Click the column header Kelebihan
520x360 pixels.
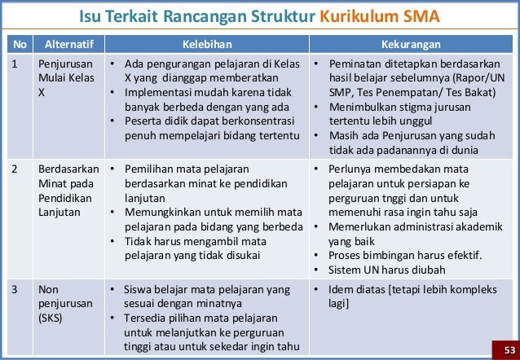coord(207,45)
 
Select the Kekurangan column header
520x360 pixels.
coord(411,45)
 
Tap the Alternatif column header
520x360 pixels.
coord(69,45)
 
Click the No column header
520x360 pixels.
coord(20,45)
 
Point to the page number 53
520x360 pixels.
coord(509,350)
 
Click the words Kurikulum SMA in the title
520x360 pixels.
coord(380,16)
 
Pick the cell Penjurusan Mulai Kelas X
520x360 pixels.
coord(66,78)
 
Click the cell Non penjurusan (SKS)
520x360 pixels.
coord(65,304)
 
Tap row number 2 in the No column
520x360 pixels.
coord(14,169)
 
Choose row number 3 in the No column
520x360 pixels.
coord(14,289)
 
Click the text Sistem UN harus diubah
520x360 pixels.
coord(386,270)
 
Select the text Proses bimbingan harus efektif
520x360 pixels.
coord(405,255)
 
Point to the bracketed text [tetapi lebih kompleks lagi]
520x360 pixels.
coord(412,296)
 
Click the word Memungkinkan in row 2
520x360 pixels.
coord(161,212)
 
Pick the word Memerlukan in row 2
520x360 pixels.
coord(358,226)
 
